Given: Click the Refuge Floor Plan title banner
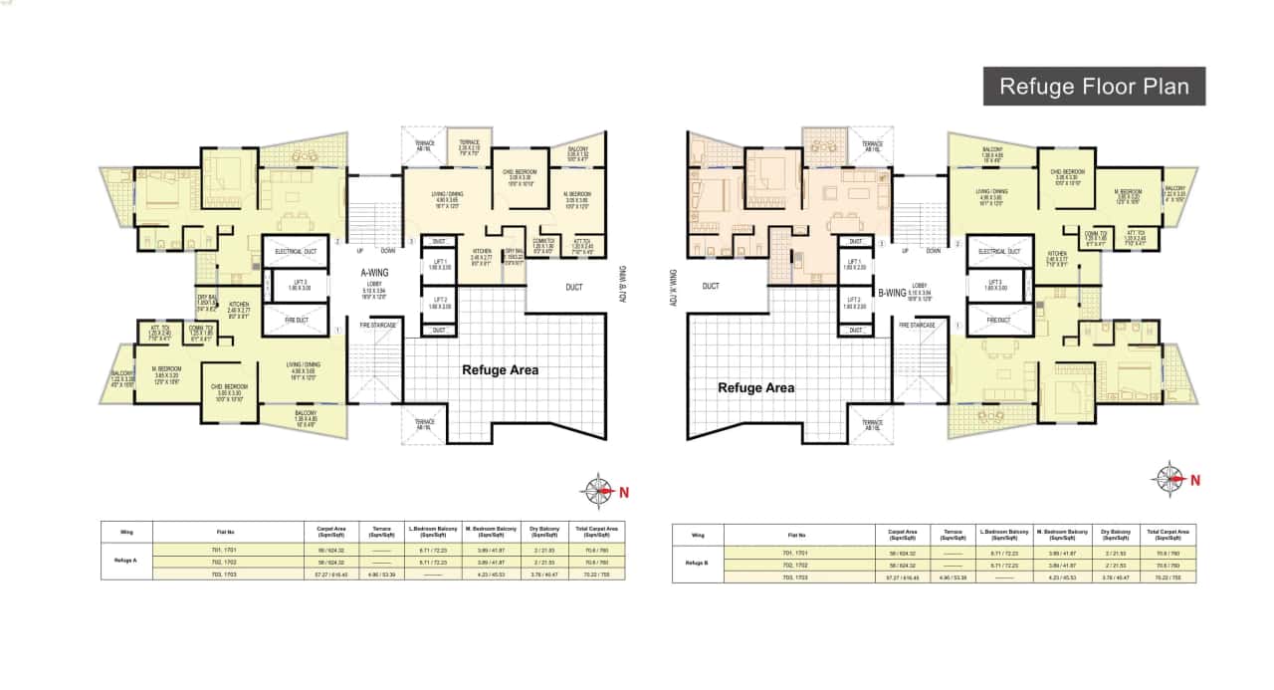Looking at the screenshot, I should click(1094, 86).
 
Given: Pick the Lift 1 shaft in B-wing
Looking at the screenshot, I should click(851, 267).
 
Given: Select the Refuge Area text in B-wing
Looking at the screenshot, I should click(755, 387).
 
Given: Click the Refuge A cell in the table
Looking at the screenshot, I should click(127, 561).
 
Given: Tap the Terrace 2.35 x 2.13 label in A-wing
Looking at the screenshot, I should click(470, 149).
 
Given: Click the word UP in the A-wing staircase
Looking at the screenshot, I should click(361, 251).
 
